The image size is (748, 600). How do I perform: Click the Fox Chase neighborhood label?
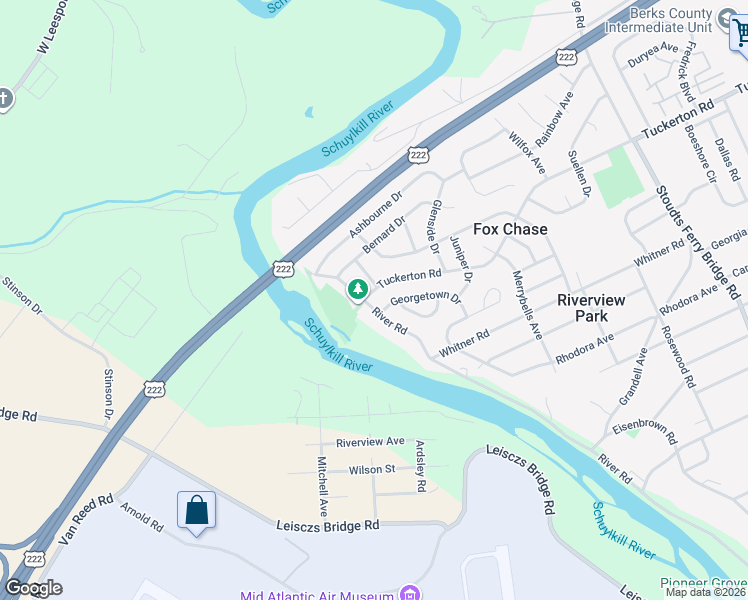pyautogui.click(x=510, y=229)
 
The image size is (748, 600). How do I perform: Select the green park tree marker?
pyautogui.click(x=357, y=290)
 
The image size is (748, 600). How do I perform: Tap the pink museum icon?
pyautogui.click(x=408, y=594)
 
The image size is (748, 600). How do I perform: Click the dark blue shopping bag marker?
pyautogui.click(x=197, y=511)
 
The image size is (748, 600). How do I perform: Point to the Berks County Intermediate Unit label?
pyautogui.click(x=656, y=20)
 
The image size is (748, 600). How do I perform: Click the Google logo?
pyautogui.click(x=33, y=588)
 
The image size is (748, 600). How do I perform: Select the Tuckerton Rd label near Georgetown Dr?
pyautogui.click(x=409, y=278)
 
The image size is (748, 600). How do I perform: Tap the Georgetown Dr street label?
pyautogui.click(x=426, y=298)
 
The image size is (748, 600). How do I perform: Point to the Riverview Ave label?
pyautogui.click(x=370, y=441)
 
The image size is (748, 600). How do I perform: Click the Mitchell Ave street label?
pyautogui.click(x=322, y=481)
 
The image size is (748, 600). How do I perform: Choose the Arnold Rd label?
pyautogui.click(x=141, y=521)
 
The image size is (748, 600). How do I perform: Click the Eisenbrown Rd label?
pyautogui.click(x=645, y=431)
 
